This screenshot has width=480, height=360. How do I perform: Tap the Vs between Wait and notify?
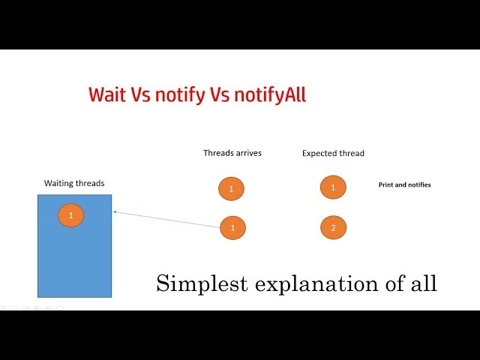click(142, 94)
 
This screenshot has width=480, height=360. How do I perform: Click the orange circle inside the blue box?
click(70, 215)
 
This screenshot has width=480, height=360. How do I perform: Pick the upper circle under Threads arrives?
click(231, 188)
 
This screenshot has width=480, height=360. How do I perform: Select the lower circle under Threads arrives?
click(232, 226)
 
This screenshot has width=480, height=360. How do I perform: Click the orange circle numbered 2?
click(333, 227)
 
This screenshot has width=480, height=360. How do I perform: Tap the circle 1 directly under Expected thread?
click(333, 187)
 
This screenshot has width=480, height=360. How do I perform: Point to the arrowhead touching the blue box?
click(114, 211)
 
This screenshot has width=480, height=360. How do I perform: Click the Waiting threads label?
click(74, 183)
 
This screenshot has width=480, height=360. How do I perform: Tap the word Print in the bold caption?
click(387, 184)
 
